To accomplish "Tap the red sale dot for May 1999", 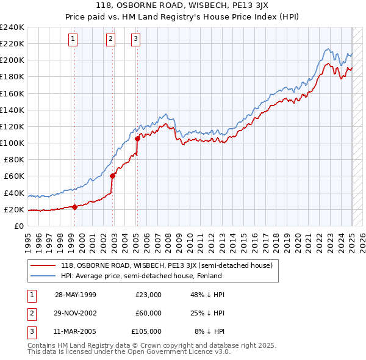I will [x=75, y=207].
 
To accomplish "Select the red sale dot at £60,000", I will [x=113, y=176].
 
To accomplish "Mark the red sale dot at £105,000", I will [x=137, y=139].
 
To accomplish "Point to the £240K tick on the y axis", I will [x=12, y=27].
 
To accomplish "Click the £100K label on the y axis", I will [x=12, y=143].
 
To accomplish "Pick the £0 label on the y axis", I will [x=18, y=226].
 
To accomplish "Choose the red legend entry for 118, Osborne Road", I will [x=170, y=265].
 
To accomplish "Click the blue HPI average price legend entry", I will [x=140, y=276].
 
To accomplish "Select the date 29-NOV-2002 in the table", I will [x=76, y=313].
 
